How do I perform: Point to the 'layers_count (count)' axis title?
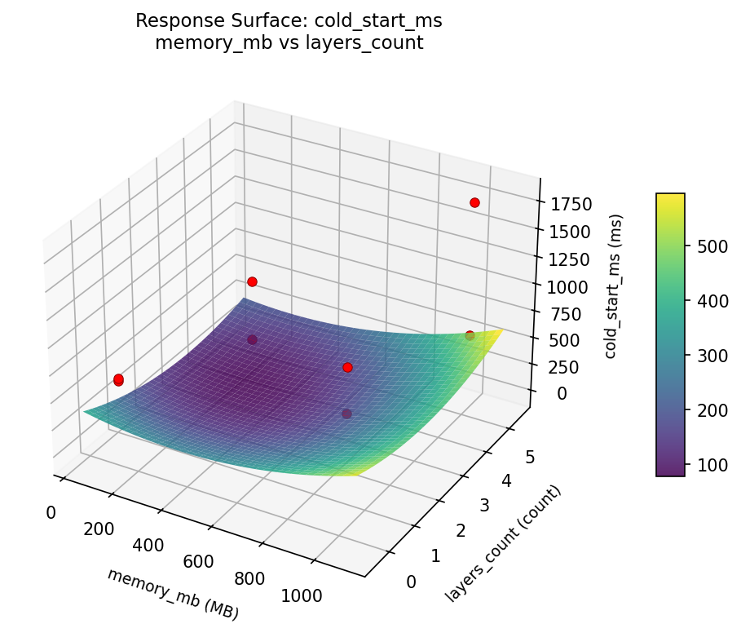click(x=503, y=544)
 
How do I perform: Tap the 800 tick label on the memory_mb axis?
click(x=249, y=578)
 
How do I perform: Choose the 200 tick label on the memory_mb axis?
click(x=99, y=529)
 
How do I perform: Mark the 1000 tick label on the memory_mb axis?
click(x=302, y=595)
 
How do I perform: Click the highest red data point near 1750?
click(x=474, y=202)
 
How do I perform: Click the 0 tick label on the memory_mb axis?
click(x=51, y=512)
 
